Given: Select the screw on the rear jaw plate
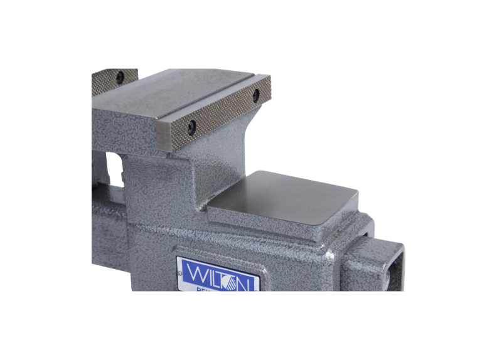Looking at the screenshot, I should [119, 77].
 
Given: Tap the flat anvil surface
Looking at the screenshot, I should [289, 198].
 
